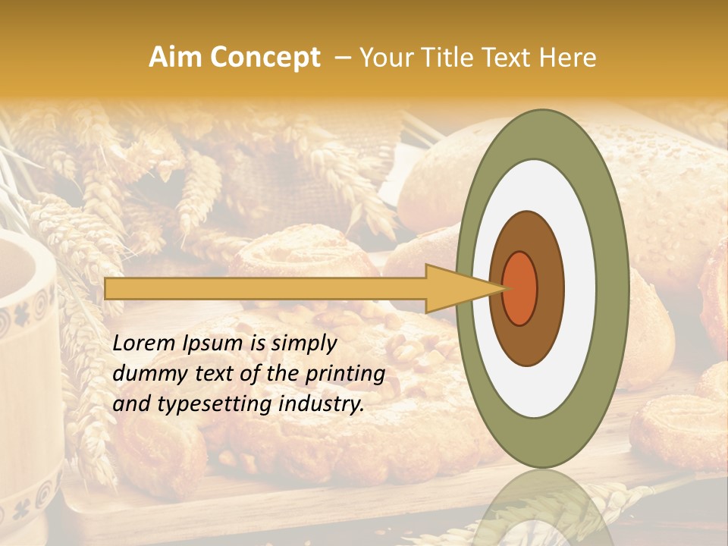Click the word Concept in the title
pyautogui.click(x=264, y=58)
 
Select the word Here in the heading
pyautogui.click(x=569, y=58)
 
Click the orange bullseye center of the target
pyautogui.click(x=519, y=288)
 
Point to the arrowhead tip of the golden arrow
pyautogui.click(x=504, y=288)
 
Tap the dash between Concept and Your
pyautogui.click(x=342, y=58)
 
